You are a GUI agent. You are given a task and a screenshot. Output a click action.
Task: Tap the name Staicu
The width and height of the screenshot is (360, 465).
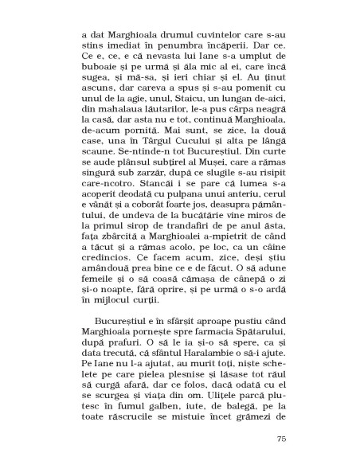pyautogui.click(x=168, y=93)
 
